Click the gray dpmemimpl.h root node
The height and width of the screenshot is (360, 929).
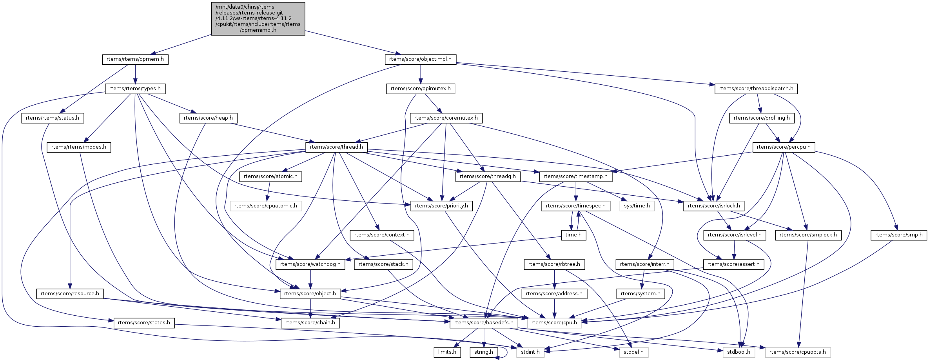point(258,18)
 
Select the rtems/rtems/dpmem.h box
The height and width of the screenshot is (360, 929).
point(135,59)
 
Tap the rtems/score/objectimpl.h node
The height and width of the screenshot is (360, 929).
point(420,59)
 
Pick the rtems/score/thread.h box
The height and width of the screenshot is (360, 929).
point(336,147)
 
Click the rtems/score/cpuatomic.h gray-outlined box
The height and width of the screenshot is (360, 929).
point(265,206)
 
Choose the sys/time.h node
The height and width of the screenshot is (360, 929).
point(637,206)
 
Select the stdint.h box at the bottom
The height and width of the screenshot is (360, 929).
point(530,352)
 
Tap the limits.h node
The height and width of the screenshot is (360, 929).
point(447,352)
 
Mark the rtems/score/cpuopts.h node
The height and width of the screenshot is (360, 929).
point(797,352)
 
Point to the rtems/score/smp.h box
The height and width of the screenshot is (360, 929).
point(898,235)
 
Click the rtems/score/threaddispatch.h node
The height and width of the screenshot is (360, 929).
point(756,89)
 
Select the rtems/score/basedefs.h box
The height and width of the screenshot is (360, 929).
point(484,323)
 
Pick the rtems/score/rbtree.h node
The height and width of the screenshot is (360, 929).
point(554,264)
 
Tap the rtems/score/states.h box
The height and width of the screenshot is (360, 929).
point(144,323)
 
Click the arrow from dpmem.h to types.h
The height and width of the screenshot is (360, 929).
point(135,74)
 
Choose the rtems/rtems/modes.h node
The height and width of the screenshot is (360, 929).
point(78,147)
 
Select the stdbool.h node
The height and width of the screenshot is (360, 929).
point(738,352)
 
